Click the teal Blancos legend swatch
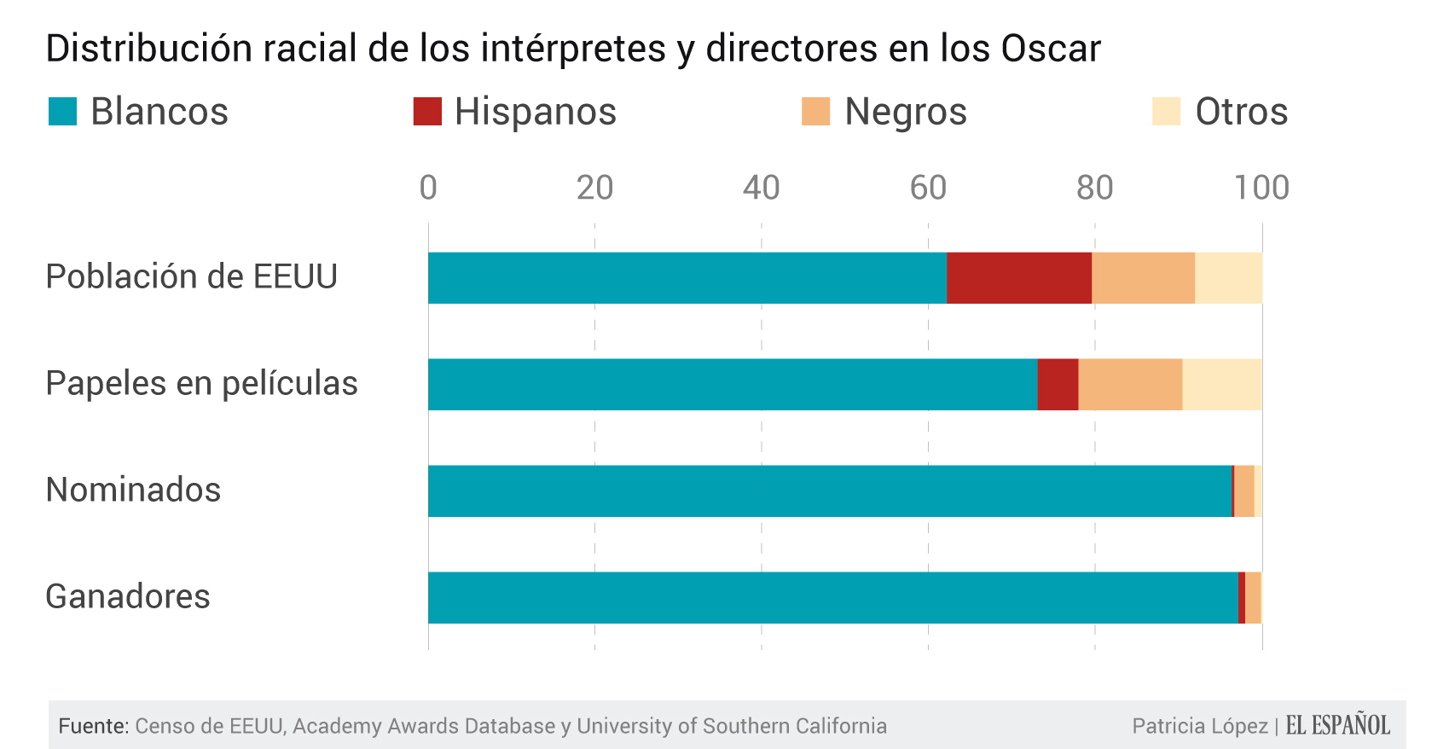[62, 112]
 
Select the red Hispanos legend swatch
[427, 112]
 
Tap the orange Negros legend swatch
[815, 112]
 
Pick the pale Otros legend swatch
[1166, 112]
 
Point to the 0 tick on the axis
[428, 188]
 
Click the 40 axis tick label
[761, 188]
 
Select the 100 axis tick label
[1261, 188]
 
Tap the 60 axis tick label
[928, 188]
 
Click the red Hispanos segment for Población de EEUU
[1019, 278]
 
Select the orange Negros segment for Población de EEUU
[1143, 278]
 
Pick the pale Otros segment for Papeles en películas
[1221, 385]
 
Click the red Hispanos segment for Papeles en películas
[1058, 385]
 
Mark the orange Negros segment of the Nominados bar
[1244, 491]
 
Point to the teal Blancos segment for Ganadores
[832, 598]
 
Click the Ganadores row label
[128, 596]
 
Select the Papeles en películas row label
[201, 384]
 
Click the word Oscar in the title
[1051, 49]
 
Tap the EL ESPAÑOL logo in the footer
[1337, 725]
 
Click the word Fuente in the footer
[93, 726]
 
